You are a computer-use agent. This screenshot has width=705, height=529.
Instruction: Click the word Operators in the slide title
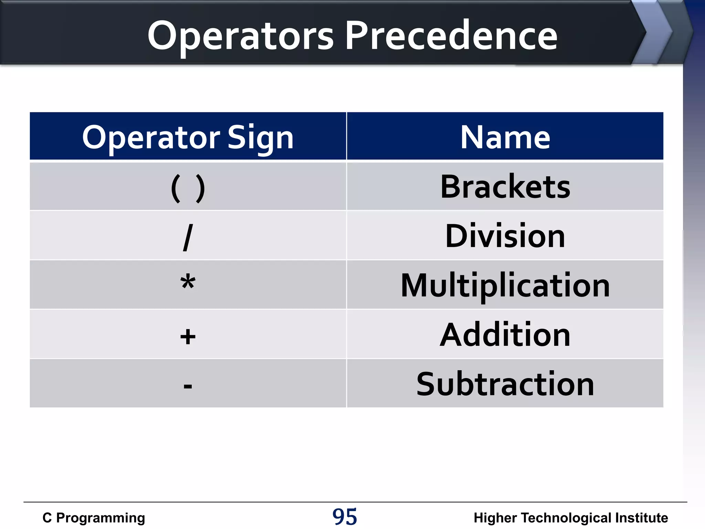pyautogui.click(x=240, y=36)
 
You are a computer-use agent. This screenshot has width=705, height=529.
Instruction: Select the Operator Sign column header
pyautogui.click(x=188, y=137)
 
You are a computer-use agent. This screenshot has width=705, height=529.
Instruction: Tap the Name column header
pyautogui.click(x=505, y=137)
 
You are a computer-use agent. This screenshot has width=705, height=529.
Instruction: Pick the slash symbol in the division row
pyautogui.click(x=188, y=237)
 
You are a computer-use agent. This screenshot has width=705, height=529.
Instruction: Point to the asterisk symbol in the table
pyautogui.click(x=188, y=283)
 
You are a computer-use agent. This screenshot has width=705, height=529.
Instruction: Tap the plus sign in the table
pyautogui.click(x=188, y=336)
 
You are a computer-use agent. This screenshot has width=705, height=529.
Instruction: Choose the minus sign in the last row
pyautogui.click(x=188, y=386)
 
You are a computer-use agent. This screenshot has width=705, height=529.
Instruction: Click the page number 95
pyautogui.click(x=345, y=517)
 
